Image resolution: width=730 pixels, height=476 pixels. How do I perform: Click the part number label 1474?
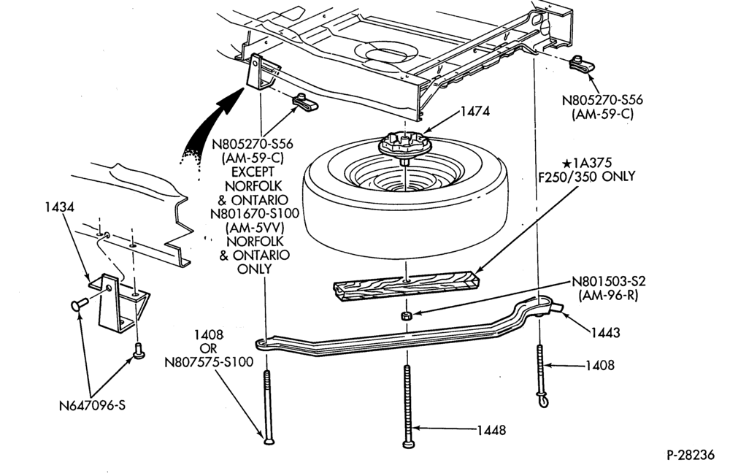[x=475, y=111]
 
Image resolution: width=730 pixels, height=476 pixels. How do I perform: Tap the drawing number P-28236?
[x=691, y=455]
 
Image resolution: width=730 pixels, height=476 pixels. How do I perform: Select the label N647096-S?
[x=92, y=405]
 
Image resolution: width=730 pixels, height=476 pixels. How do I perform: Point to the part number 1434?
[x=60, y=207]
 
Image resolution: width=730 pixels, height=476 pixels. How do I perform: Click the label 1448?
[x=491, y=430]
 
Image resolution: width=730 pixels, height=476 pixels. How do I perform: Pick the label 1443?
[x=605, y=333]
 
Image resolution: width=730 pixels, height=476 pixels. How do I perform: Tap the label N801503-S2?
[x=609, y=282]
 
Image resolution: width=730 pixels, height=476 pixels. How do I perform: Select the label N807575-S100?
[x=209, y=362]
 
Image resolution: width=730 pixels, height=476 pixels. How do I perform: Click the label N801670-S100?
[x=255, y=214]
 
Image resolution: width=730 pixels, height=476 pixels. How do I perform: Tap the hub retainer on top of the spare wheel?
[x=403, y=144]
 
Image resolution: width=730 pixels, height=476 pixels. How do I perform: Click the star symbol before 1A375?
[x=566, y=164]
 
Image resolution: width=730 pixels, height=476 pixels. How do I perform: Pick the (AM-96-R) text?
[x=609, y=295]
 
